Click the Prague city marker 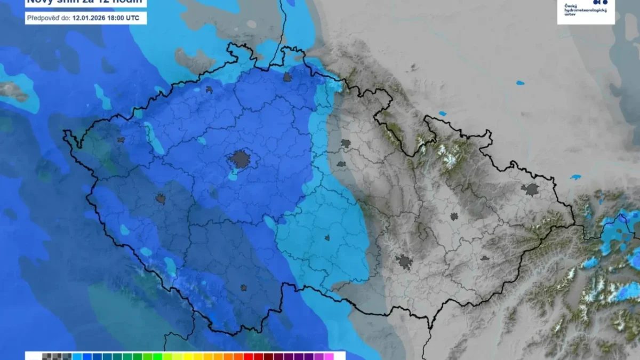pos(240,159)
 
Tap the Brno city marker pos(404,261)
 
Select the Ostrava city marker pos(531,189)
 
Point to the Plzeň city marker pos(161,198)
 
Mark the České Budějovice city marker pos(243,287)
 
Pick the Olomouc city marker pos(454,217)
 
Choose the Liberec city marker pos(287,77)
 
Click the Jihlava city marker pos(326,238)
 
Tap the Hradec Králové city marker pos(346,143)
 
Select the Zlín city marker pos(484,258)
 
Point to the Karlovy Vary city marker pos(121,140)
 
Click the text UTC pos(134,18)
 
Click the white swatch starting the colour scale pos(33,356)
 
